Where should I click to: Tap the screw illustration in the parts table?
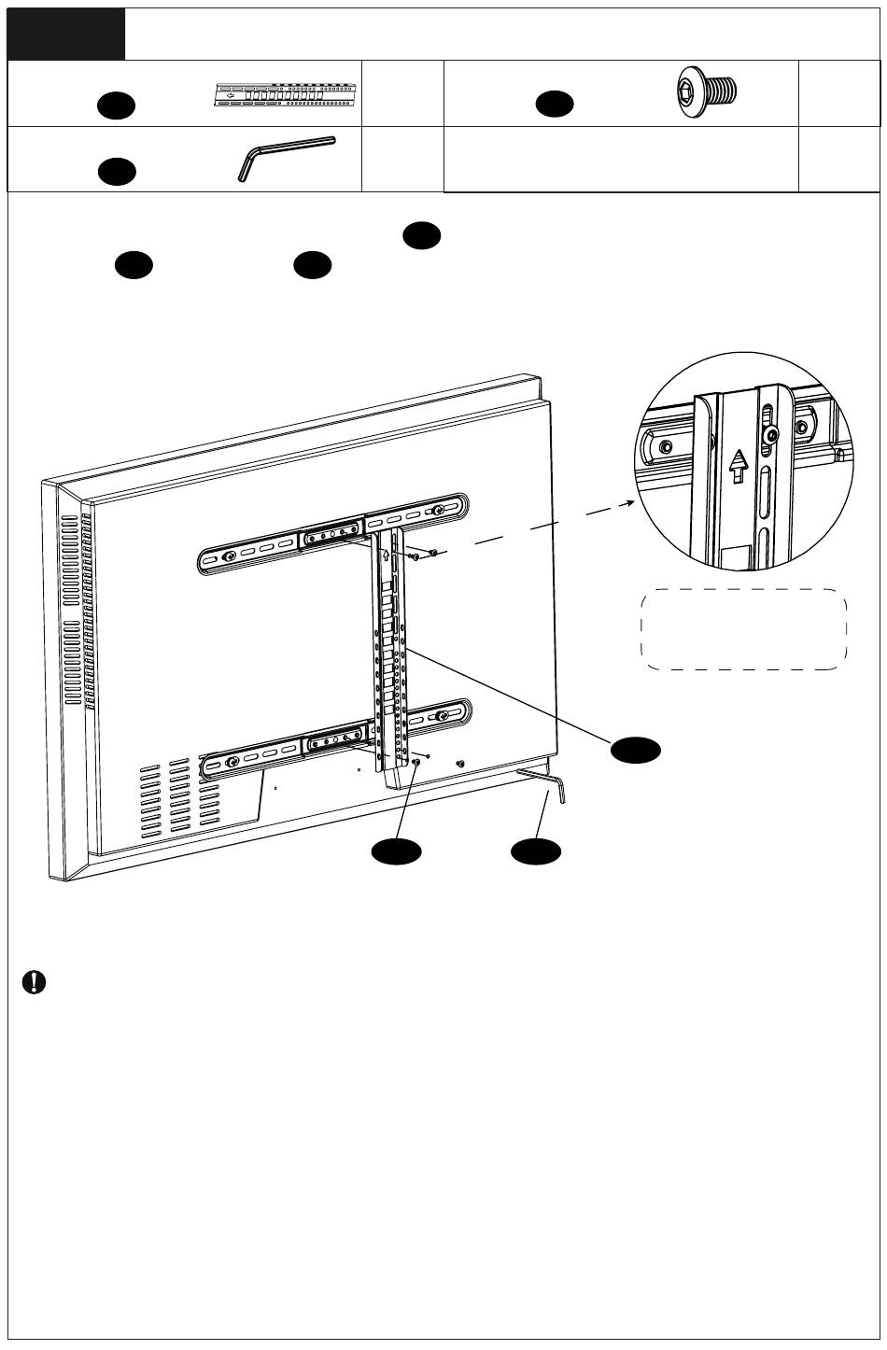[706, 91]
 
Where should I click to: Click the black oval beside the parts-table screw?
[554, 105]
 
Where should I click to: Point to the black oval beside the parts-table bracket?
[119, 106]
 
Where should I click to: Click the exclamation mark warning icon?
[35, 983]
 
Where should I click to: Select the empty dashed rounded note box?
[743, 628]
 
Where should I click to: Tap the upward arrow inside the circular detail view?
[739, 464]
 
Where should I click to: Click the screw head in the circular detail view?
[771, 435]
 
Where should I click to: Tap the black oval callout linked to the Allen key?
[536, 851]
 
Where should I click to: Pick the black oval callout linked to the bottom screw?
[395, 851]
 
